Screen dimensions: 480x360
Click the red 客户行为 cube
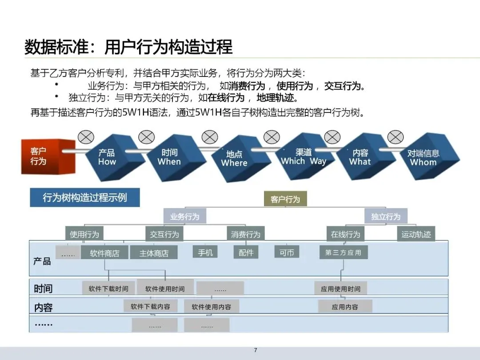pyautogui.click(x=43, y=156)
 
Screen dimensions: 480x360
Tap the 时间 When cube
pyautogui.click(x=169, y=157)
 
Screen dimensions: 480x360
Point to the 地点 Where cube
pyautogui.click(x=234, y=159)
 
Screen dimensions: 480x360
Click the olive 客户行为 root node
pyautogui.click(x=285, y=200)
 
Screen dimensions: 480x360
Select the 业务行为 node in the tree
pyautogui.click(x=185, y=217)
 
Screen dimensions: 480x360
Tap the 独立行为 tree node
pyautogui.click(x=386, y=216)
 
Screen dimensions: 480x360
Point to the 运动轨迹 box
pyautogui.click(x=416, y=234)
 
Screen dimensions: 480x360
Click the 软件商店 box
pyautogui.click(x=105, y=253)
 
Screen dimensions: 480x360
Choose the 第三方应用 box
pyautogui.click(x=343, y=252)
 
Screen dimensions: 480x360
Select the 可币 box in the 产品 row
pyautogui.click(x=287, y=252)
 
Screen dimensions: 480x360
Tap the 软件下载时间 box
pyautogui.click(x=108, y=289)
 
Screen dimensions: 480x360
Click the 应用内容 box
pyautogui.click(x=345, y=307)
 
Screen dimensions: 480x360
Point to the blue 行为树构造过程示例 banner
pyautogui.click(x=85, y=198)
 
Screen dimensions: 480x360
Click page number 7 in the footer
pyautogui.click(x=256, y=350)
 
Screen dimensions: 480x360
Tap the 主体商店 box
pyautogui.click(x=154, y=253)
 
